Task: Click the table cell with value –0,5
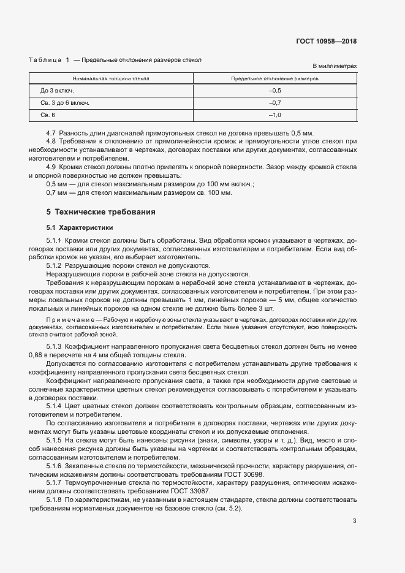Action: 274,91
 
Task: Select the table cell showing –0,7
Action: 274,103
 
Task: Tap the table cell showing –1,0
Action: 274,115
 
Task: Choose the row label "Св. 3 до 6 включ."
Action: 65,103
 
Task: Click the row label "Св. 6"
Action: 48,115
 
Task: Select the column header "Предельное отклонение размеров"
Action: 274,79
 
